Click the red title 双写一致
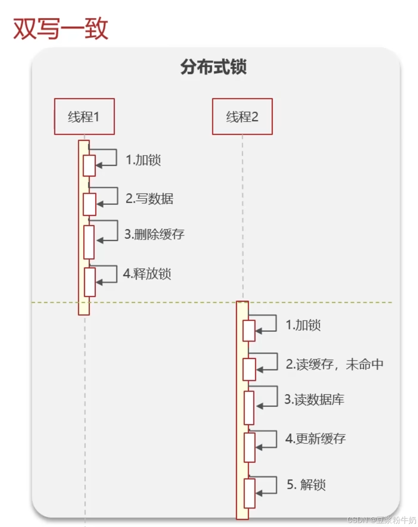click(61, 29)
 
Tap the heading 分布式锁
click(214, 67)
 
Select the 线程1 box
click(84, 117)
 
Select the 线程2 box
click(242, 117)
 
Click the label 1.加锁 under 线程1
click(143, 160)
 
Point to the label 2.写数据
click(149, 198)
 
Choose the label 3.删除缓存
click(154, 234)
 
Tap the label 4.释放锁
click(147, 274)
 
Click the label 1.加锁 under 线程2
click(303, 325)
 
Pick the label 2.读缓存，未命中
click(334, 364)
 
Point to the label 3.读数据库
click(314, 400)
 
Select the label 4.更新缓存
click(316, 438)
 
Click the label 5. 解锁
click(306, 485)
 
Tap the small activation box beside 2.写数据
click(89, 204)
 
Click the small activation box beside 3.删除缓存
click(89, 242)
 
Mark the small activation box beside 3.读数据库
click(249, 408)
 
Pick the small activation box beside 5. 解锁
click(249, 493)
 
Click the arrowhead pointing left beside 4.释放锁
click(100, 282)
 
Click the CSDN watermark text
click(381, 520)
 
